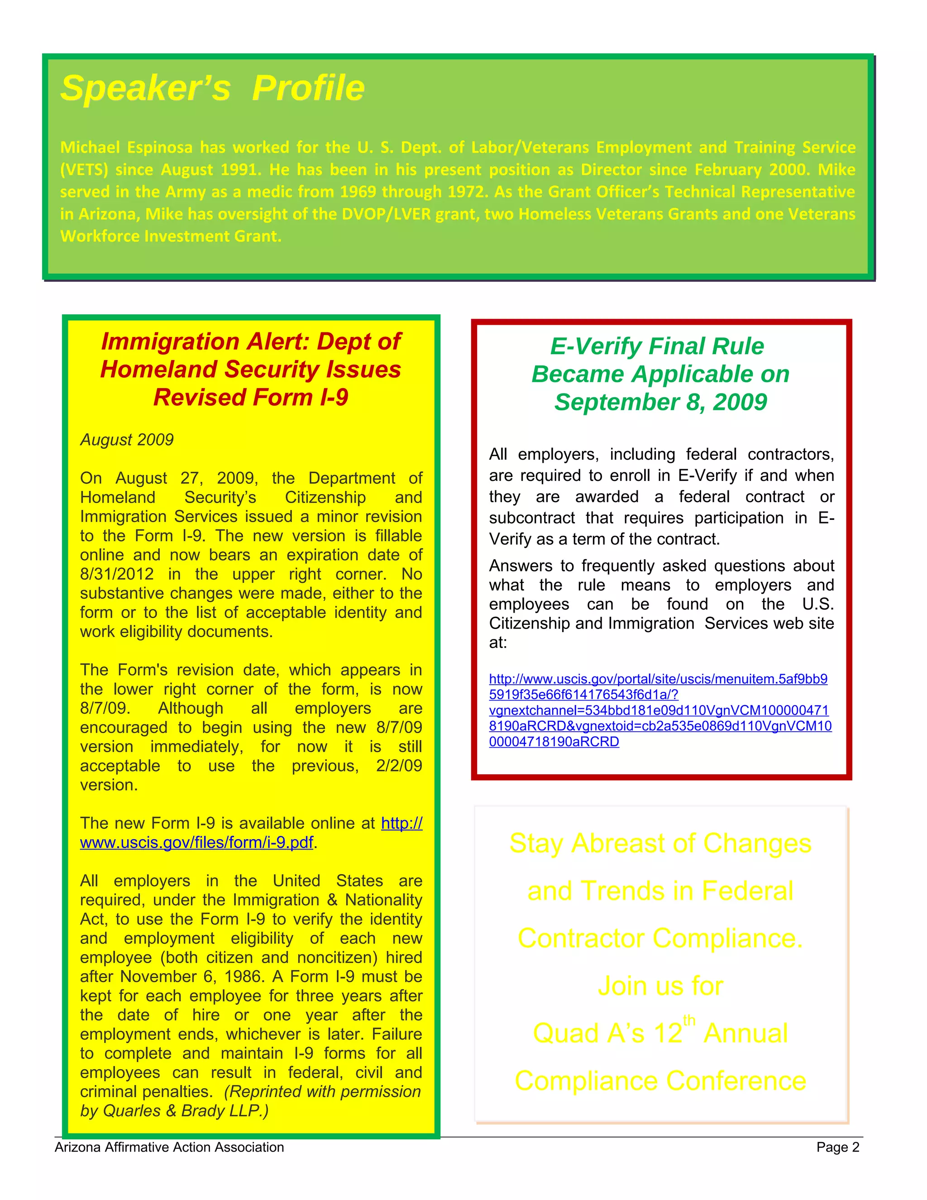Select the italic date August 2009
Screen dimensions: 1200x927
click(127, 440)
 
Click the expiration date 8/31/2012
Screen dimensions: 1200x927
click(117, 574)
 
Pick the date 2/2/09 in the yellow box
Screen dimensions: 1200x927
click(399, 765)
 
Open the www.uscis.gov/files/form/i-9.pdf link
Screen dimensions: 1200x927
click(196, 842)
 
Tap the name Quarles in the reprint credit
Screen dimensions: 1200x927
click(132, 1110)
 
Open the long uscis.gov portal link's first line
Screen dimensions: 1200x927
click(658, 679)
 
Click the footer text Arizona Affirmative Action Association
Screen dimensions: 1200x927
click(169, 1147)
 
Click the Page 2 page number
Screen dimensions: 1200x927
click(837, 1147)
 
